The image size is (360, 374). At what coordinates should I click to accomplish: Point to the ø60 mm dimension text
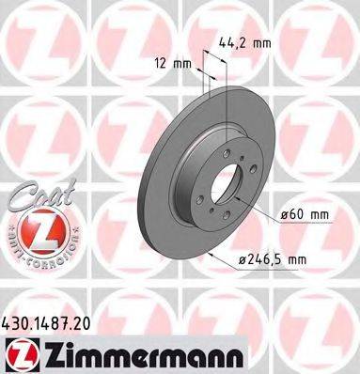tap(306, 215)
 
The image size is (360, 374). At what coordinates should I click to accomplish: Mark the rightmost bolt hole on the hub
tap(247, 199)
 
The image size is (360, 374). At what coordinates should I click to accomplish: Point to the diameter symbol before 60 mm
tap(286, 215)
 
